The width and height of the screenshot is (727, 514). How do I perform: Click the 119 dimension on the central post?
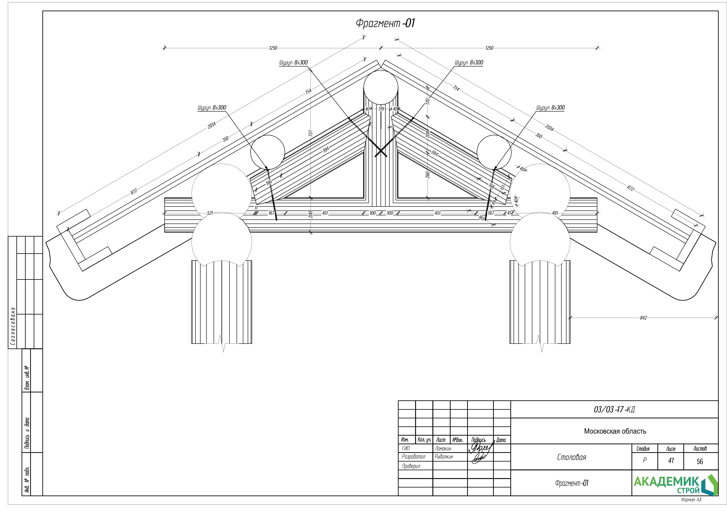click(x=381, y=109)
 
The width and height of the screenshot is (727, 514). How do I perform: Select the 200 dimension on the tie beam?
click(x=311, y=215)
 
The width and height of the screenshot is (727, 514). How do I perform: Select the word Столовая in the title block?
click(x=572, y=457)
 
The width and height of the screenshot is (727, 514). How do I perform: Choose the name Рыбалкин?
click(x=444, y=457)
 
